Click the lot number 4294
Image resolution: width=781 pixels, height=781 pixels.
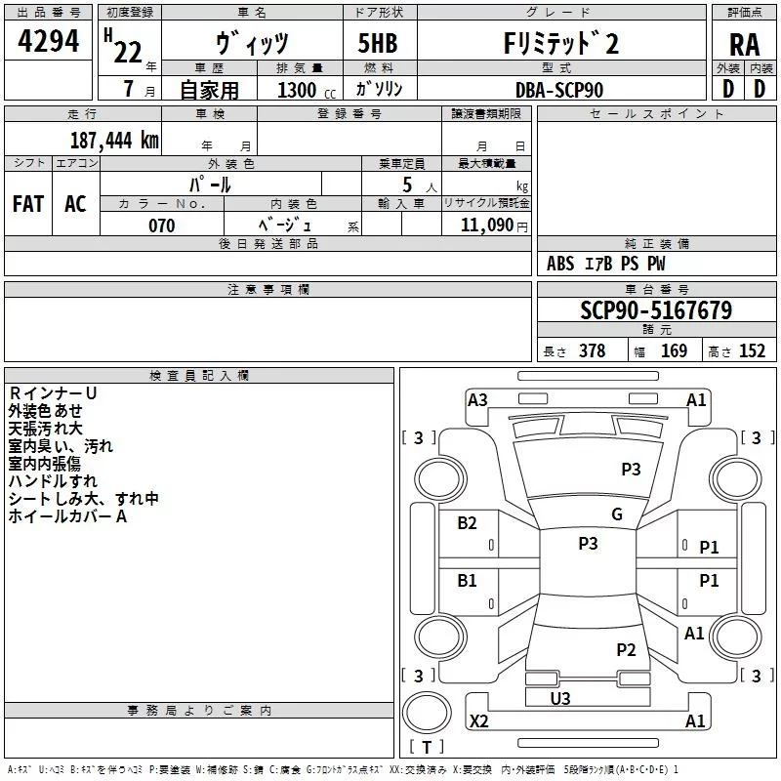coord(48,41)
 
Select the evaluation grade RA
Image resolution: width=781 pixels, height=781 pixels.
coord(745,45)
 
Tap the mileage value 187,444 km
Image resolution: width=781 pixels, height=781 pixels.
coord(114,141)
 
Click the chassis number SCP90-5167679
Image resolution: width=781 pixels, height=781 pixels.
coord(656,310)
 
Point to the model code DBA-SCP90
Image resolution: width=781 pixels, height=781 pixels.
coord(558,90)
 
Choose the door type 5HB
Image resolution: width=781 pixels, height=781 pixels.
coord(378,43)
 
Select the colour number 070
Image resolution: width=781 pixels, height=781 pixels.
coord(161,226)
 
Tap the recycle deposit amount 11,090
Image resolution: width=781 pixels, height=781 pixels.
coord(486,226)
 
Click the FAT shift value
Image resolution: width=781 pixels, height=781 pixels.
coord(28,204)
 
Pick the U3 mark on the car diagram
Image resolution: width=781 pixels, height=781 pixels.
coord(560,698)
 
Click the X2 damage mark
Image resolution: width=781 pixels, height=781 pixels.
coord(478,720)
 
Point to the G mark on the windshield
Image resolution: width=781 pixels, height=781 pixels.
coord(617,514)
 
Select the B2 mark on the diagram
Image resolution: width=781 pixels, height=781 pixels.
coord(467,522)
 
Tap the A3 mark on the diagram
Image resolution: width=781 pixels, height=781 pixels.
coord(477,400)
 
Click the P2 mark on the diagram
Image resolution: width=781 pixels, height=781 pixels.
coord(626,649)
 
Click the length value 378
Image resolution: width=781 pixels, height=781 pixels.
coord(593,350)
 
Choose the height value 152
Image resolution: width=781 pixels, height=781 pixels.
coord(752,350)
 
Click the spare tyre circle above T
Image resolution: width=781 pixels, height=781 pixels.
coord(427,713)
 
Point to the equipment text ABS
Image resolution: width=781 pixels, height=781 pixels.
coord(560,264)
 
